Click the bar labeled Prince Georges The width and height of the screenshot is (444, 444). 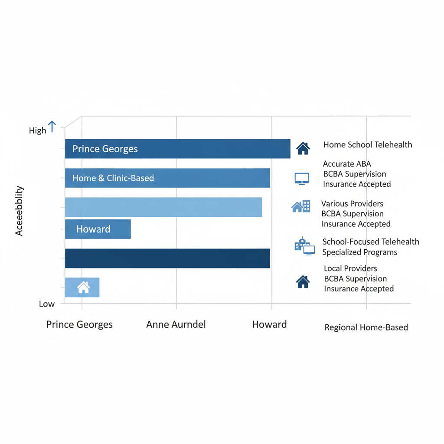tap(177, 149)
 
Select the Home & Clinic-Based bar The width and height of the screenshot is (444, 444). tap(167, 178)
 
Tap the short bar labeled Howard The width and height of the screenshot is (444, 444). tap(98, 229)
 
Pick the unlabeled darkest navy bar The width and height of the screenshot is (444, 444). tap(167, 258)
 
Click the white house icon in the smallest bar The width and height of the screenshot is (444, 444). tap(84, 287)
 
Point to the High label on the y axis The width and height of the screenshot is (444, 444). tap(37, 131)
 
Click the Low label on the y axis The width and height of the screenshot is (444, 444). tap(47, 304)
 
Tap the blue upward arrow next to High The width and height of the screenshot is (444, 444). tap(52, 127)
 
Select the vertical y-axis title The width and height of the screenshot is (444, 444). tap(19, 211)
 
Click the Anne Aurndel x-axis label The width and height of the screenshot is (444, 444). tap(176, 324)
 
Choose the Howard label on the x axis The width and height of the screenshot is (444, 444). tap(269, 324)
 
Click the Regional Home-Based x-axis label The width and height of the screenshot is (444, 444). tap(366, 327)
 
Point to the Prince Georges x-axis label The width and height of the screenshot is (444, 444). tap(79, 324)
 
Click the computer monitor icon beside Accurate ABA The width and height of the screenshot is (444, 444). tap(302, 179)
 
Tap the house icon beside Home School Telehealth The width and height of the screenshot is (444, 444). tap(303, 148)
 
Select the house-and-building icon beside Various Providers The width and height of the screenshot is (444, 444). tap(301, 206)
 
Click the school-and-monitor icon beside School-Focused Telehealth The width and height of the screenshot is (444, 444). tap(304, 246)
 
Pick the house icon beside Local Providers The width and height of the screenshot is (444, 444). tap(303, 281)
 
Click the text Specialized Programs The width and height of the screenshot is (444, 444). tap(359, 252)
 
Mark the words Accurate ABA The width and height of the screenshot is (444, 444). tap(347, 164)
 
